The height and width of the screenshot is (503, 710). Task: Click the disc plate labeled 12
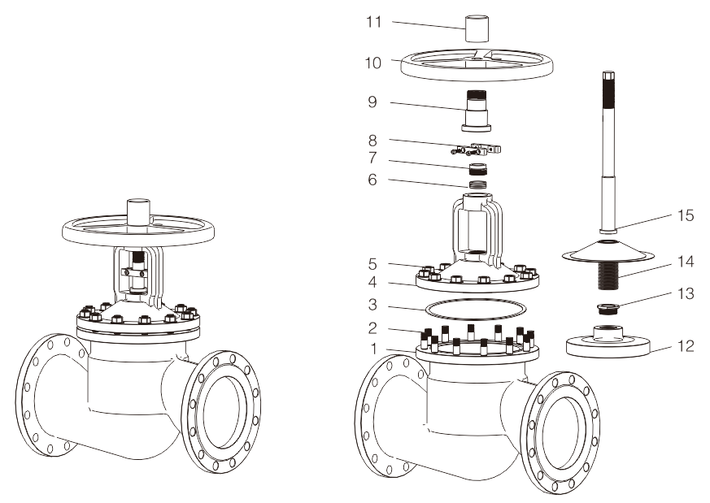607,341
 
